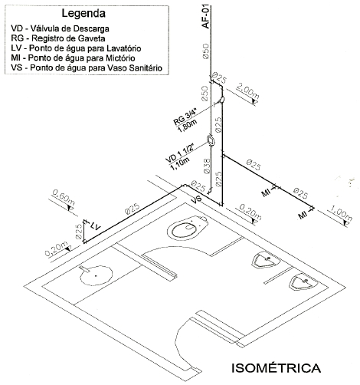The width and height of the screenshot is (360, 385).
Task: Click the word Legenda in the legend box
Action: [x=83, y=14]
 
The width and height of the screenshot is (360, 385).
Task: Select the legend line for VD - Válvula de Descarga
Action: [x=60, y=28]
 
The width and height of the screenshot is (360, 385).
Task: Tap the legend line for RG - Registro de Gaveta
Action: [x=58, y=38]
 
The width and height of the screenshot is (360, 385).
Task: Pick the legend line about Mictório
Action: [x=73, y=58]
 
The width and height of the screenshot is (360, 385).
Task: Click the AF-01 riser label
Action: [x=205, y=16]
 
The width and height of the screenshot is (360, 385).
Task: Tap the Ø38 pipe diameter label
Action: [x=207, y=166]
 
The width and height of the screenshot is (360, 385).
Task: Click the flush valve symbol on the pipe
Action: [x=211, y=140]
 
